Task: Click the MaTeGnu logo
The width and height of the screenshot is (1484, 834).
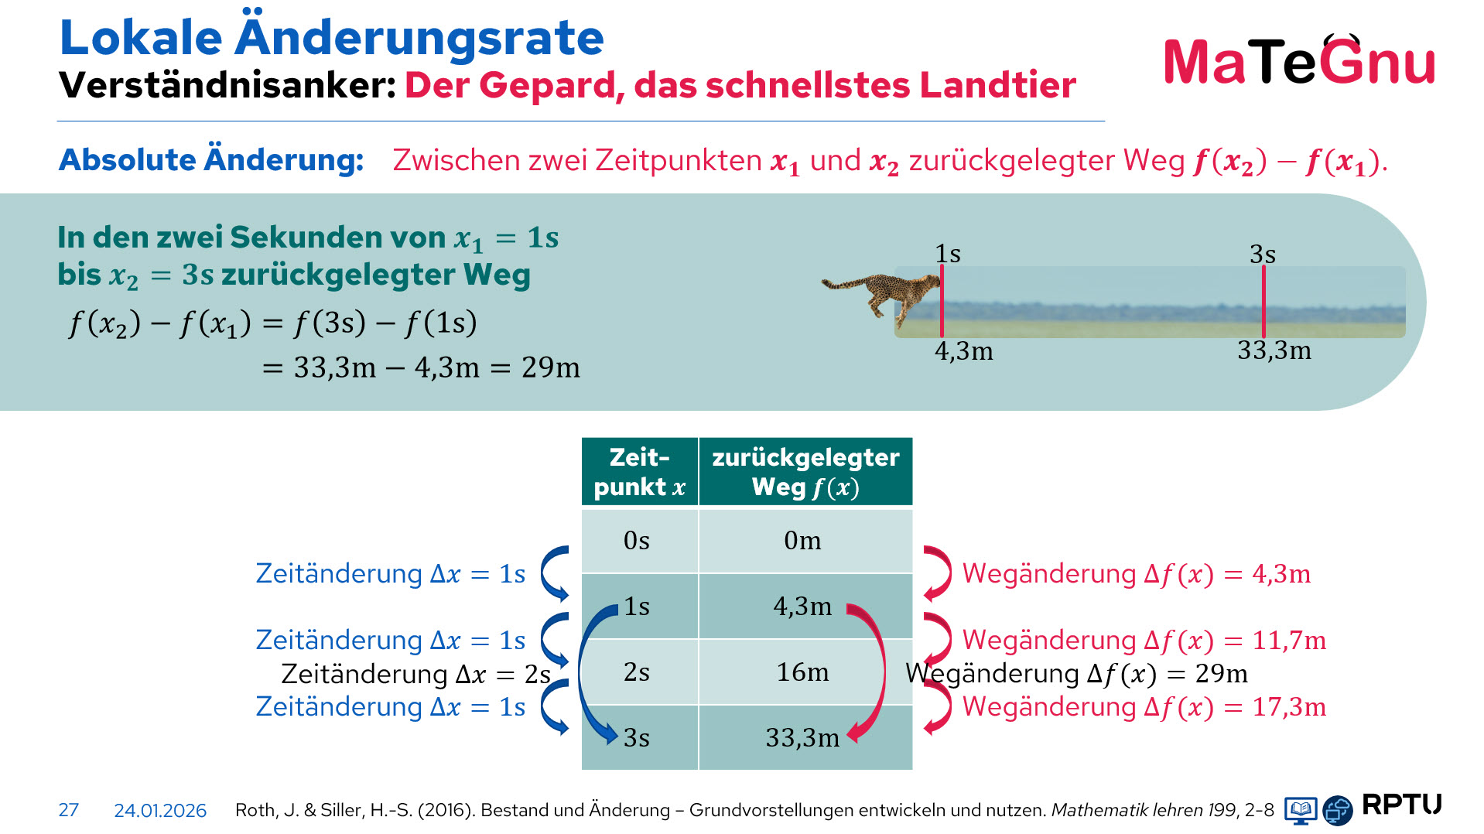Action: pos(1299,61)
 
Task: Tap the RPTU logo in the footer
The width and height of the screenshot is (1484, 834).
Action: pos(1401,805)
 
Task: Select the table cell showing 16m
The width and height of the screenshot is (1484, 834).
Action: pos(802,672)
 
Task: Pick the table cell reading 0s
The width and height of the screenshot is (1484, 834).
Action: pos(637,540)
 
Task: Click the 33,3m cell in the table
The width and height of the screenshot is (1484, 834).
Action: pos(802,738)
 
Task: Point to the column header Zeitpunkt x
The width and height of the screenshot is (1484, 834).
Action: pos(639,472)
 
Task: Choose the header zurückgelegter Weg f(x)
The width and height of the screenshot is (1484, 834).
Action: pos(805,472)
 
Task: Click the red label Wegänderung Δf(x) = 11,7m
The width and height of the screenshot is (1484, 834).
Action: pos(1144,641)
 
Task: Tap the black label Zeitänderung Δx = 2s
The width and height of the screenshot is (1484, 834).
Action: pos(415,675)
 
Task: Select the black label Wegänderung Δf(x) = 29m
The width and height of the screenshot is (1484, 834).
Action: pos(1076,674)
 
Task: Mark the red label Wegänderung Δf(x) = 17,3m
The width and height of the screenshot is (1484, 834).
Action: pos(1144,707)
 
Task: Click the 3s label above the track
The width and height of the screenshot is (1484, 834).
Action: pos(1263,254)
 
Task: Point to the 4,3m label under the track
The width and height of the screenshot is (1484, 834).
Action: pos(963,351)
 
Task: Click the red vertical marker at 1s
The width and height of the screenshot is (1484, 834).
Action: pos(942,302)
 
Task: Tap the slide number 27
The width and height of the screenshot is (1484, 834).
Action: pos(68,810)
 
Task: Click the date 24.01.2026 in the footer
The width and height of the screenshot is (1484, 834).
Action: pos(160,810)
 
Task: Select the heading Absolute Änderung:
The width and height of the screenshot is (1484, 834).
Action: pos(211,160)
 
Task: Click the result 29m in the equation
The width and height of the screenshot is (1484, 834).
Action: pos(550,367)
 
